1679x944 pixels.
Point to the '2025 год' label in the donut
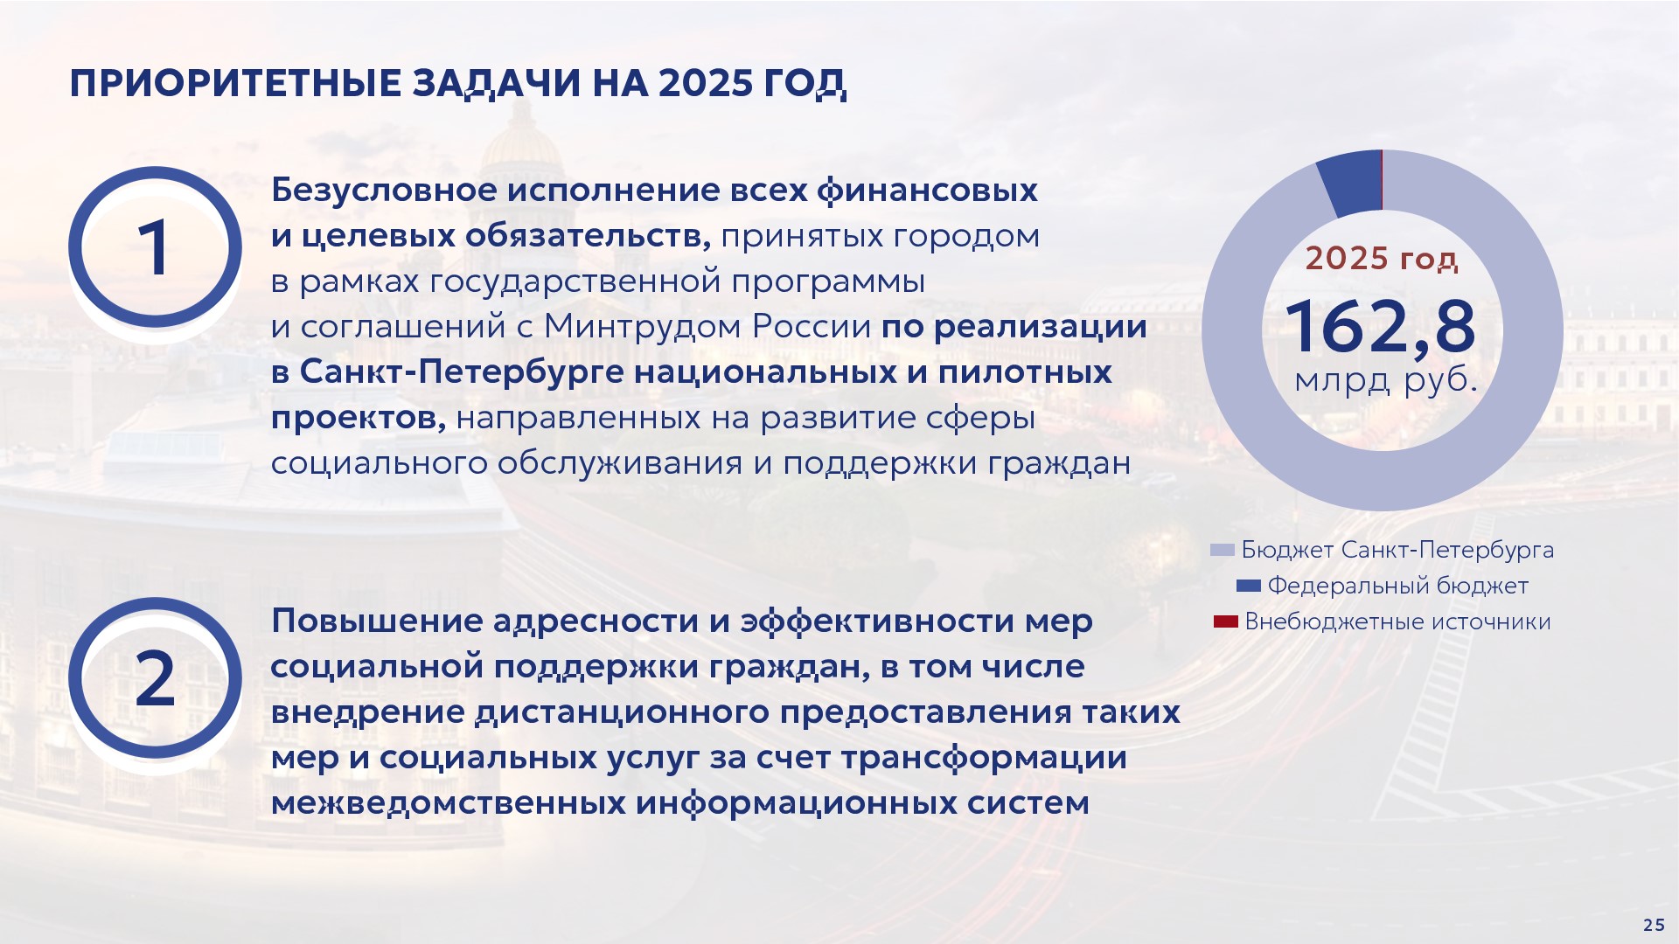1382,259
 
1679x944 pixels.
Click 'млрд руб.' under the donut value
1385,381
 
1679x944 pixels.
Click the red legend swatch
1226,621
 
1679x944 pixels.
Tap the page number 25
1654,925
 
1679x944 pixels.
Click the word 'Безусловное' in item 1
386,190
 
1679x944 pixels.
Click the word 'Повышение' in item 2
377,621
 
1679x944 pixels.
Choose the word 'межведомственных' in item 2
448,802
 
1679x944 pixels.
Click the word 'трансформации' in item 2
984,758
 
